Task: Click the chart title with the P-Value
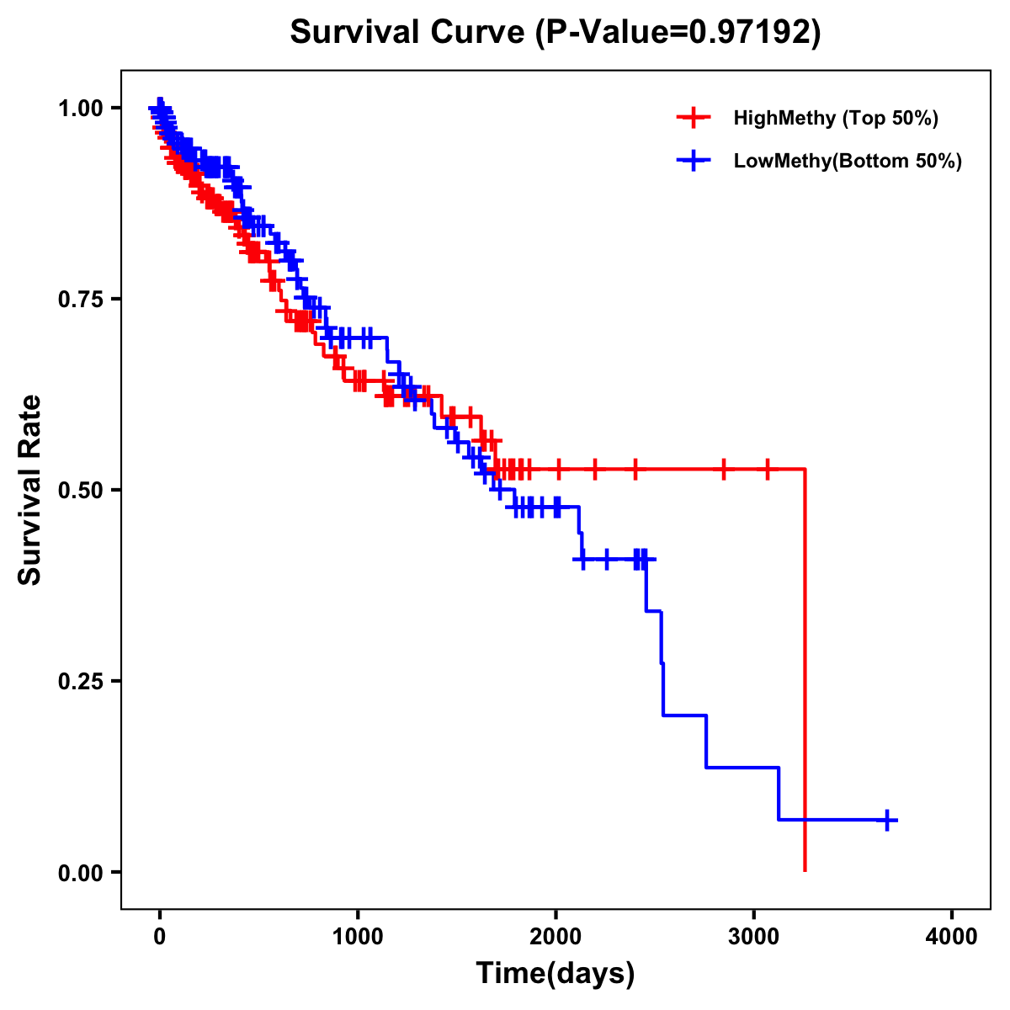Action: pos(555,33)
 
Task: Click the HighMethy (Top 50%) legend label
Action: pos(835,118)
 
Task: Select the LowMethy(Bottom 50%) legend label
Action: pos(848,162)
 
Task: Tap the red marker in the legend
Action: pos(693,118)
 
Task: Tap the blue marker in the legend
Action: pos(693,162)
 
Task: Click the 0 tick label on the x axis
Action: pos(160,936)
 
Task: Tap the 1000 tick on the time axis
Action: pos(358,936)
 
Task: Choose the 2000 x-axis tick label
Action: pos(555,936)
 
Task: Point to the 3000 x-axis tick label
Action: pos(753,936)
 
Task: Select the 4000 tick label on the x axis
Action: pos(952,936)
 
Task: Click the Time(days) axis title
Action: pos(555,974)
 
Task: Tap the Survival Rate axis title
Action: pos(30,490)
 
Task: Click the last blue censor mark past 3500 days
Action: pos(887,820)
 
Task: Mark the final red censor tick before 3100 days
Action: pos(767,469)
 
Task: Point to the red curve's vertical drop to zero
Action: pos(805,673)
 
